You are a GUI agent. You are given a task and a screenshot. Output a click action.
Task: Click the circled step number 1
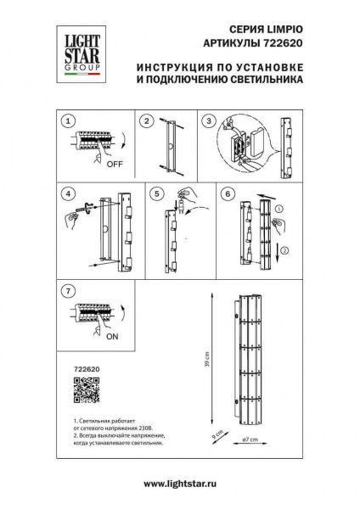pos(70,121)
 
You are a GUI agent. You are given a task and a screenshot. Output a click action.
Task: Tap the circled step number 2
pos(147,121)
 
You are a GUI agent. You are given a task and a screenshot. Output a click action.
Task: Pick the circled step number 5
pos(157,193)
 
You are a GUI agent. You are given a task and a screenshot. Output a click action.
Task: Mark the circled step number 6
pos(226,193)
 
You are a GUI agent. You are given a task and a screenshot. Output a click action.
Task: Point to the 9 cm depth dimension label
pos(218,438)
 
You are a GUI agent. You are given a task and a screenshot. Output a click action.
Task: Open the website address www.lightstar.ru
pos(180,484)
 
